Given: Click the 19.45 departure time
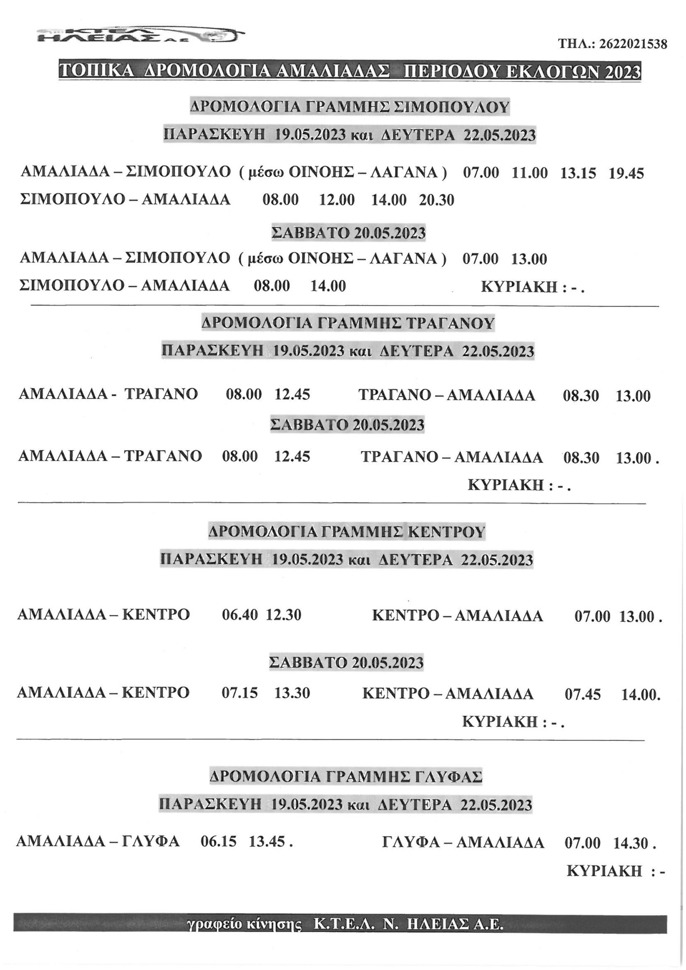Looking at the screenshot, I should pyautogui.click(x=626, y=174).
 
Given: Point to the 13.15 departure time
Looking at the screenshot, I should pyautogui.click(x=578, y=174).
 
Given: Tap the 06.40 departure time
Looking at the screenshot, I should pyautogui.click(x=240, y=615).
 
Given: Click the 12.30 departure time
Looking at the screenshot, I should pyautogui.click(x=283, y=615).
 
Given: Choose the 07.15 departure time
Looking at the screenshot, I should pyautogui.click(x=240, y=693).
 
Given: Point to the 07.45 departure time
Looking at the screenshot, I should pyautogui.click(x=583, y=695).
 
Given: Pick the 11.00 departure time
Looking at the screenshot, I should pyautogui.click(x=529, y=174).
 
